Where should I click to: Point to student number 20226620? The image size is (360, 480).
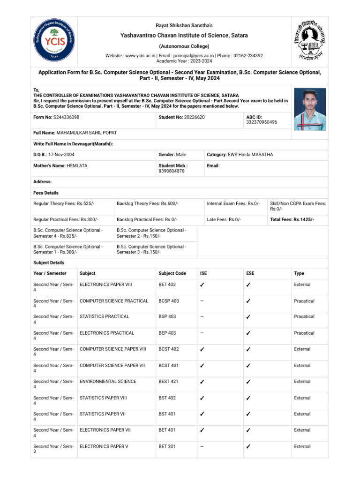(194, 117)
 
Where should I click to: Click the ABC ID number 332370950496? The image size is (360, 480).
(262, 122)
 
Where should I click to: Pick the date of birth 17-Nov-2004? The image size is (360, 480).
(61, 155)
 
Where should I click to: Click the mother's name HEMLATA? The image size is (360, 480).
(77, 165)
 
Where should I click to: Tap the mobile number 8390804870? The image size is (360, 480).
(172, 172)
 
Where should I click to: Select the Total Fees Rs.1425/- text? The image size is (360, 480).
(292, 219)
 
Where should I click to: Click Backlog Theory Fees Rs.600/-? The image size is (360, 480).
(147, 203)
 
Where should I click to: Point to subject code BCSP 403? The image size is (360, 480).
(169, 301)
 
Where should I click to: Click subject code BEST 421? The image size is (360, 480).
(168, 382)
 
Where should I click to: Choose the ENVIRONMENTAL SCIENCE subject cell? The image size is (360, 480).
(108, 382)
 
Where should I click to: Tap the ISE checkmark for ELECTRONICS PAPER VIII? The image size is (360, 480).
(202, 285)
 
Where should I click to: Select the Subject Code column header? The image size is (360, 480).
(172, 273)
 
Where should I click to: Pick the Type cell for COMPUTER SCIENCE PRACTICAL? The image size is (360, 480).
(304, 301)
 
